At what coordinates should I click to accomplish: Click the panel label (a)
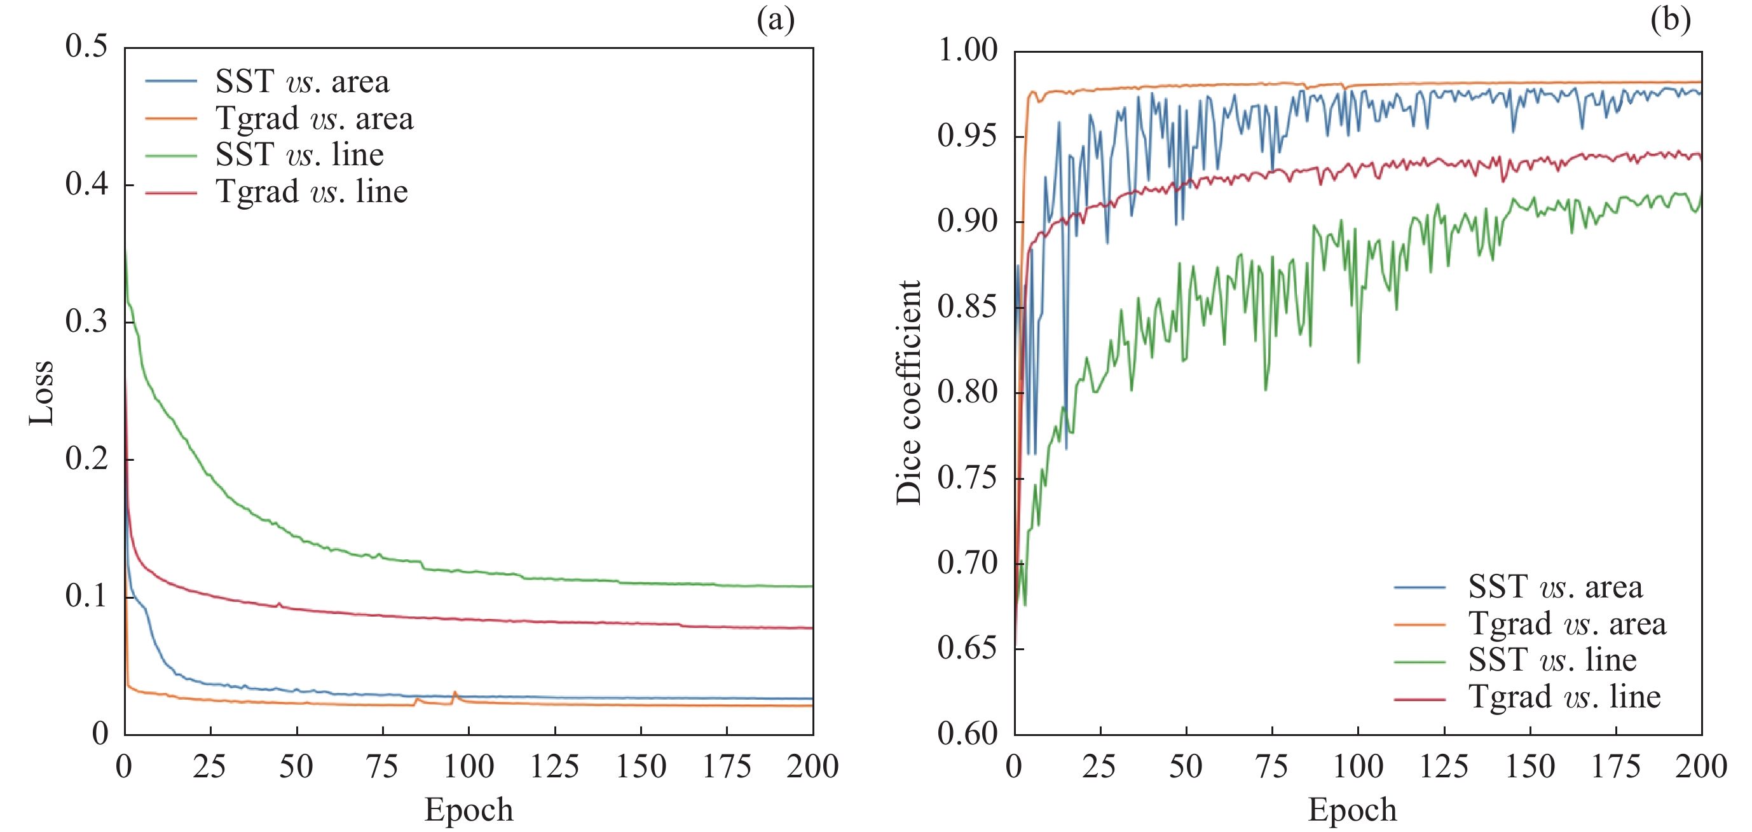point(776,20)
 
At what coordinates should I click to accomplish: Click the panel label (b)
point(1670,20)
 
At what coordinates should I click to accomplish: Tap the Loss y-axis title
point(41,392)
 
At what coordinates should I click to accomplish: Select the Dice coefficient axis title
point(908,392)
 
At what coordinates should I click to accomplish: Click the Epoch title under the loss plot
point(469,809)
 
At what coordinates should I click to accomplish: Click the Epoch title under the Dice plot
point(1352,809)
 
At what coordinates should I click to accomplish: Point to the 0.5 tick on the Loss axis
point(86,46)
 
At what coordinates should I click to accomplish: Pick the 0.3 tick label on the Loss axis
point(86,321)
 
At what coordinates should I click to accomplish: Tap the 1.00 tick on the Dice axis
point(967,50)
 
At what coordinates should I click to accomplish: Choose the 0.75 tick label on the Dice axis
point(967,478)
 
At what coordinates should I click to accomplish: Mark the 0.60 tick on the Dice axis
point(967,733)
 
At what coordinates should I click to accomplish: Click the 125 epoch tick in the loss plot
point(554,766)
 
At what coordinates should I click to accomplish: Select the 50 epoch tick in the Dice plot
point(1186,766)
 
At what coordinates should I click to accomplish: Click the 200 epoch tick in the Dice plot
point(1701,766)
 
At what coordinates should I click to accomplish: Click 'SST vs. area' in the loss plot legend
point(302,81)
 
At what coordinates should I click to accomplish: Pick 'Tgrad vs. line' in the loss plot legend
point(311,192)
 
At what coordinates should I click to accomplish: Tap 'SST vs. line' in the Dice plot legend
point(1552,659)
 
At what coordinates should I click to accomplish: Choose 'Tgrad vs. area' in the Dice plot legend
point(1567,624)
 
